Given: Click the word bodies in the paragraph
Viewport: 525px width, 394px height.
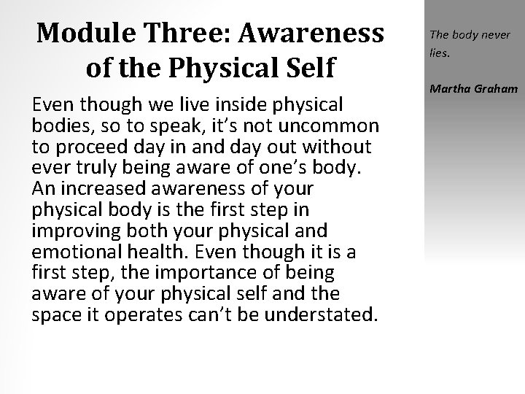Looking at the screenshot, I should click(56, 125).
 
